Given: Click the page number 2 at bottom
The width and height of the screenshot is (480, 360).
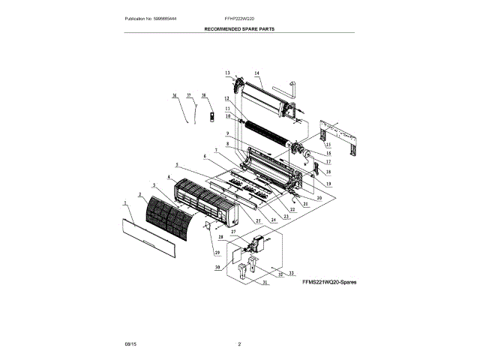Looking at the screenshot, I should [x=239, y=344].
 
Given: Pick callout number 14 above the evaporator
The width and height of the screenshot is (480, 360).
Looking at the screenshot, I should [x=256, y=73].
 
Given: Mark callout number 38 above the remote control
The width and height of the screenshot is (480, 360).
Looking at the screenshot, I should [x=203, y=96].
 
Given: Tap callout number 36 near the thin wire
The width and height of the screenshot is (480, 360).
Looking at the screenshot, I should [x=173, y=96].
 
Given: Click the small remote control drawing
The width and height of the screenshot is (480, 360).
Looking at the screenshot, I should [x=211, y=116].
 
